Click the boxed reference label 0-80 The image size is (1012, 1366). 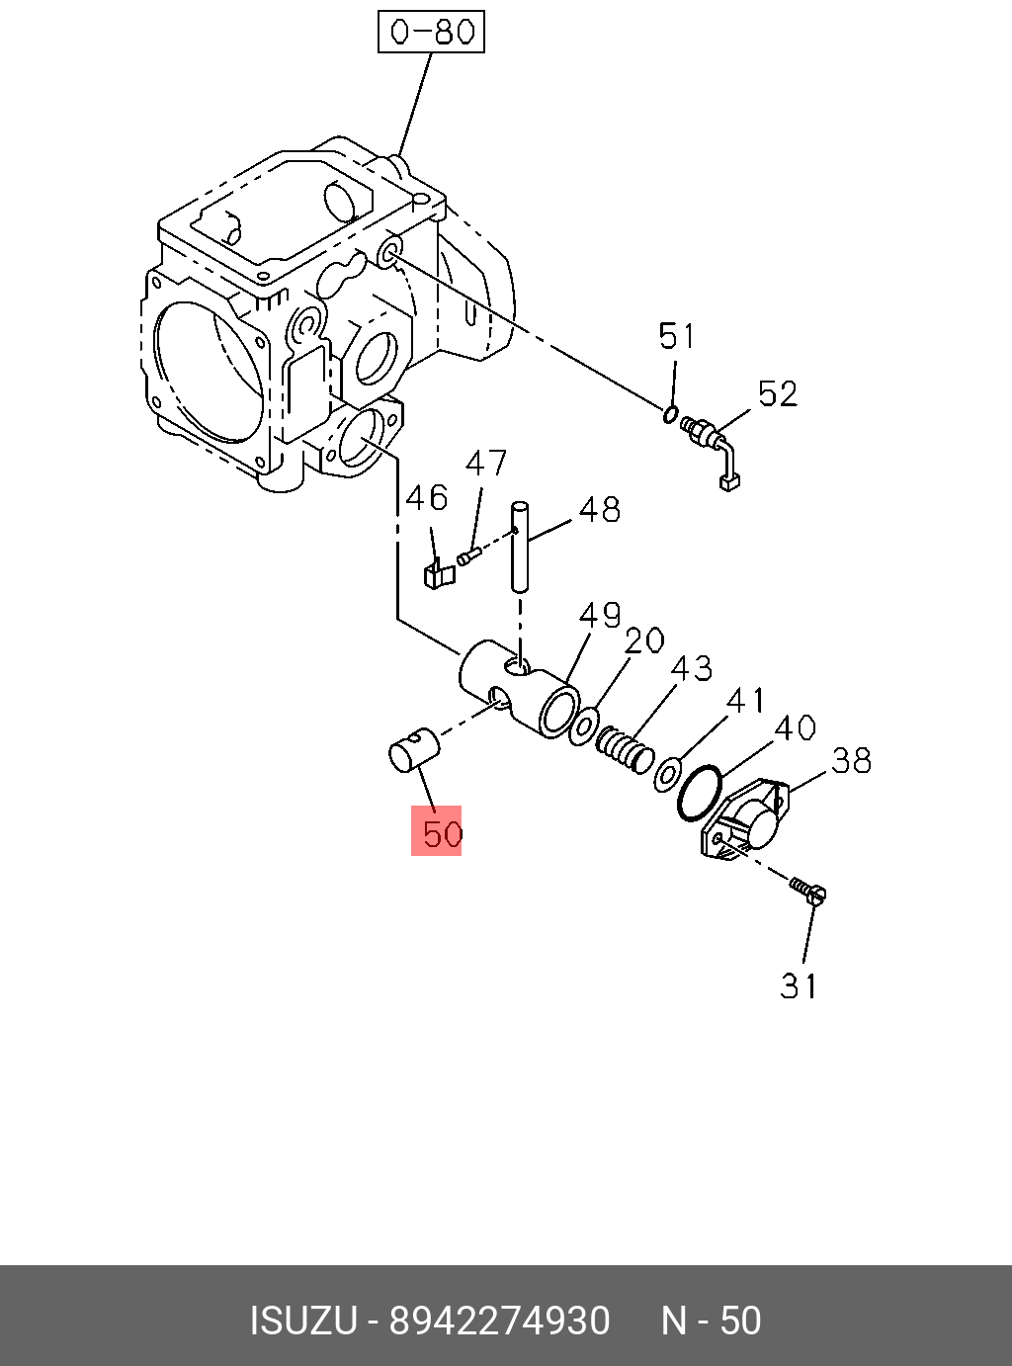click(x=432, y=32)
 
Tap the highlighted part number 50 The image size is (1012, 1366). click(x=436, y=831)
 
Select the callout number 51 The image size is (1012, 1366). click(x=677, y=337)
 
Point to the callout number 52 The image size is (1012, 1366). click(x=777, y=394)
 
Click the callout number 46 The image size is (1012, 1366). click(x=426, y=497)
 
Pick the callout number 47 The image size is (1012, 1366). click(x=485, y=463)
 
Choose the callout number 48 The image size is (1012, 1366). click(x=599, y=509)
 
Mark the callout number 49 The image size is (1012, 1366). click(x=599, y=615)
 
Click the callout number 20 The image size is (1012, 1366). click(x=644, y=640)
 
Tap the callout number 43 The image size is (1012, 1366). click(x=691, y=668)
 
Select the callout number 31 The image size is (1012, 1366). click(x=799, y=985)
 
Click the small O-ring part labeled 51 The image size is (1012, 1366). click(x=671, y=413)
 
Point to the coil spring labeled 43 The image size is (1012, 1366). click(x=625, y=747)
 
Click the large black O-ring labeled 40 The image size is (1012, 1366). click(x=700, y=792)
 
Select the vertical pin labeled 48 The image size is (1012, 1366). click(x=519, y=547)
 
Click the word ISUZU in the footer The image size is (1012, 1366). click(x=302, y=1321)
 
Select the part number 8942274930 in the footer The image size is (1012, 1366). click(x=499, y=1321)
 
